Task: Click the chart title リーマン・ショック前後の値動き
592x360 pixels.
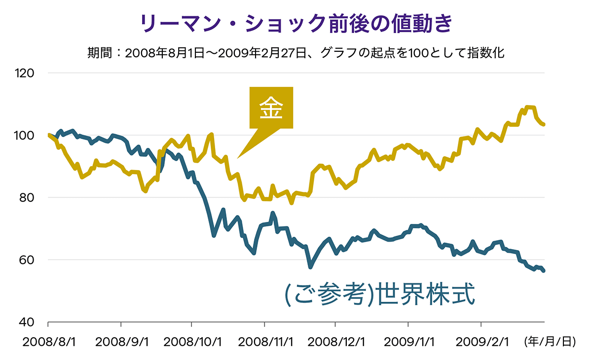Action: point(296,24)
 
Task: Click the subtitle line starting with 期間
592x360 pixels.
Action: point(296,52)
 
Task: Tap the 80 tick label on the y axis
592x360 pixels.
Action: point(28,198)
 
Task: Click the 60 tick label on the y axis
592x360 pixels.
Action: point(28,260)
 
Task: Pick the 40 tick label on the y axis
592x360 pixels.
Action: point(28,322)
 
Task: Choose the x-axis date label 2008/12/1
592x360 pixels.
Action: point(335,342)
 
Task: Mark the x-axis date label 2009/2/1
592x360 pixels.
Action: point(481,342)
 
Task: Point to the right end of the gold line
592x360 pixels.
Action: point(544,125)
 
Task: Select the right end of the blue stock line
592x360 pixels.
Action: point(544,271)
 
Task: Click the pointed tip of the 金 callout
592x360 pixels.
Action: point(238,158)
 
